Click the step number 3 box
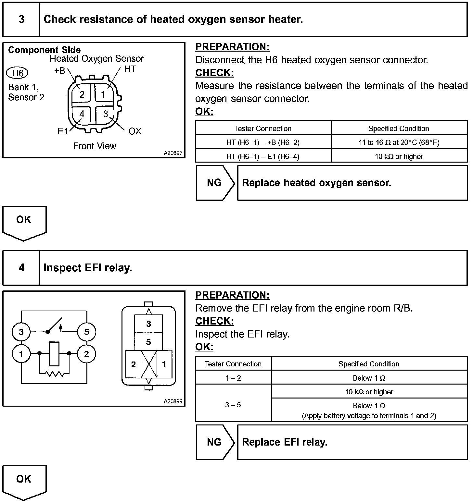point(21,19)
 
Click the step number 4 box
point(21,268)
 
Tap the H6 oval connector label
point(18,73)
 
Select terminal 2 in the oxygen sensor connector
point(82,94)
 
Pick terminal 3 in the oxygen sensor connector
point(106,114)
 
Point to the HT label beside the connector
point(130,69)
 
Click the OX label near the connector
point(135,131)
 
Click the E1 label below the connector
point(63,131)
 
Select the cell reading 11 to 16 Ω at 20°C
point(399,142)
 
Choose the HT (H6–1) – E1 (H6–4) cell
point(263,156)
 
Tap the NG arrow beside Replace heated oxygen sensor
point(215,183)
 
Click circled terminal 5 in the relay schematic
point(86,332)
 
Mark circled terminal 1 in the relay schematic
point(21,354)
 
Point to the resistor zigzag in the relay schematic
point(54,374)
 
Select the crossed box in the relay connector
point(149,364)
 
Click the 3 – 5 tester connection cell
point(233,405)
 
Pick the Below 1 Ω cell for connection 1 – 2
point(369,378)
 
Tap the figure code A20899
point(173,401)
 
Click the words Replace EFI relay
point(285,442)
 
